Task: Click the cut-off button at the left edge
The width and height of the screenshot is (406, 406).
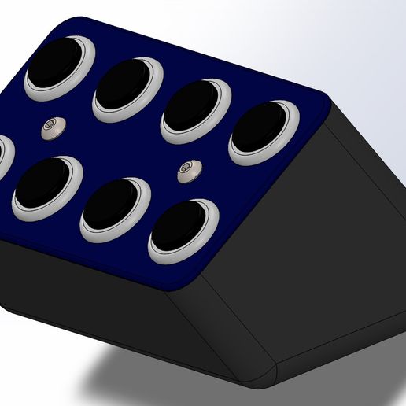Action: coord(2,157)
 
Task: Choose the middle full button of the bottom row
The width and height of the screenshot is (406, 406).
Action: coord(116,209)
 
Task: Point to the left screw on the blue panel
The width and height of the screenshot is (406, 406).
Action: coord(53,127)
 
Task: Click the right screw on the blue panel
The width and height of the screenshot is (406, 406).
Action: coord(187,169)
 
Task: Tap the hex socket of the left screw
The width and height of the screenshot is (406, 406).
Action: coord(53,126)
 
